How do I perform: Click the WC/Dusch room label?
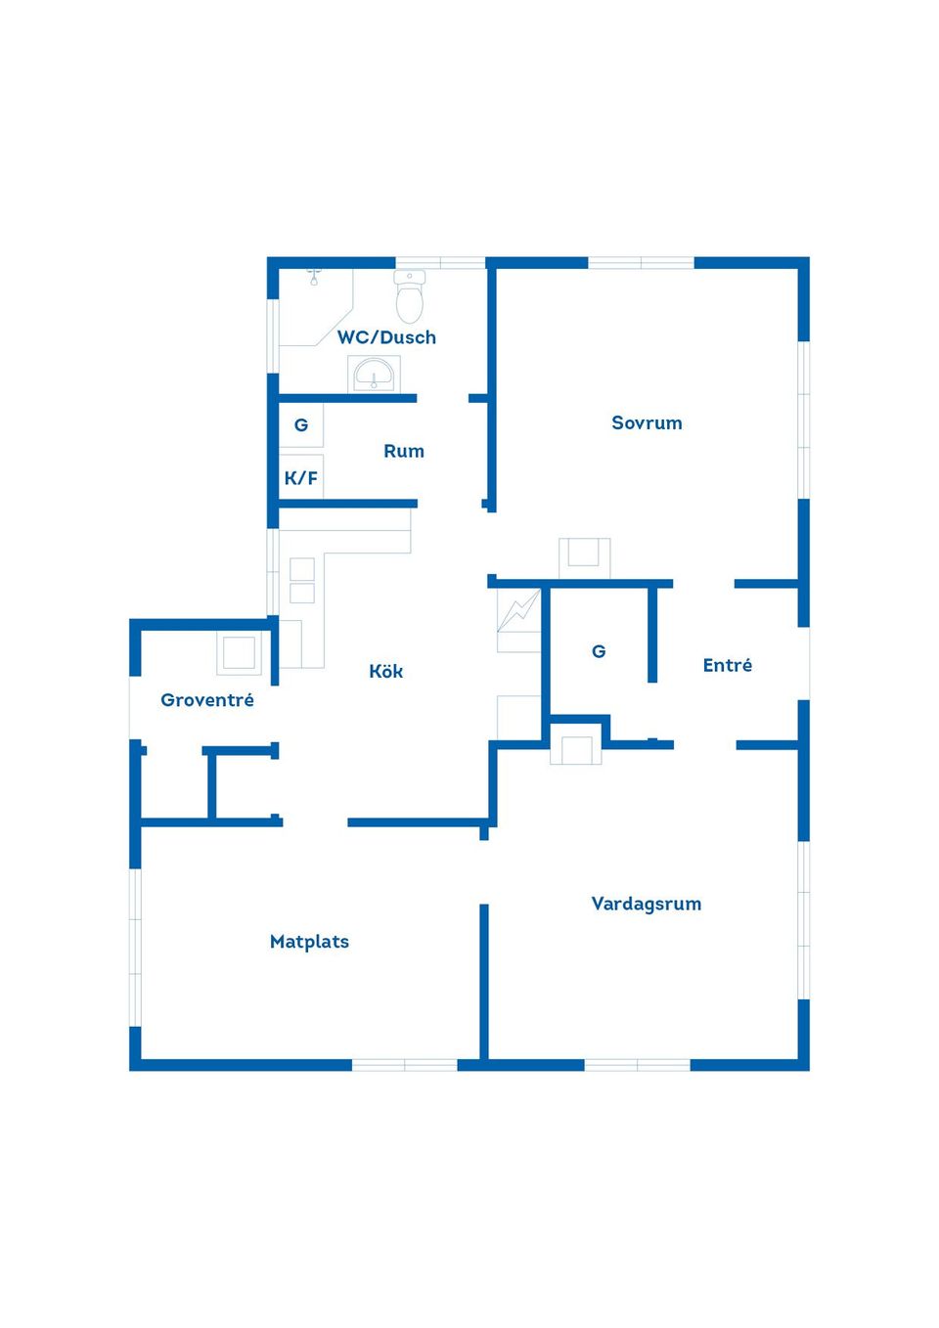(x=386, y=337)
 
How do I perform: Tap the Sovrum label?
(x=647, y=422)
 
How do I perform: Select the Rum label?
(x=404, y=451)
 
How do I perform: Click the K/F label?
(x=301, y=478)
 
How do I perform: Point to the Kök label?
(x=386, y=671)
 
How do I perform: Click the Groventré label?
(x=207, y=700)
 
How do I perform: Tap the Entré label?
(x=728, y=665)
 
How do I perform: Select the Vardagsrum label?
(x=647, y=904)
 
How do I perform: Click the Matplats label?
(x=309, y=942)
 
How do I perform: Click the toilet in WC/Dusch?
(x=410, y=296)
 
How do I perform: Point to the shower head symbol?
(x=314, y=277)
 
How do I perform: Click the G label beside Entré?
(x=599, y=651)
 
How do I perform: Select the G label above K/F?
(x=301, y=425)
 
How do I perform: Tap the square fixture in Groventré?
(x=239, y=653)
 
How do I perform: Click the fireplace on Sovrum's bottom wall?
(x=585, y=557)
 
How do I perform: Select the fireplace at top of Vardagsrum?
(x=575, y=749)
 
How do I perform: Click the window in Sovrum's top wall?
(x=641, y=263)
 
